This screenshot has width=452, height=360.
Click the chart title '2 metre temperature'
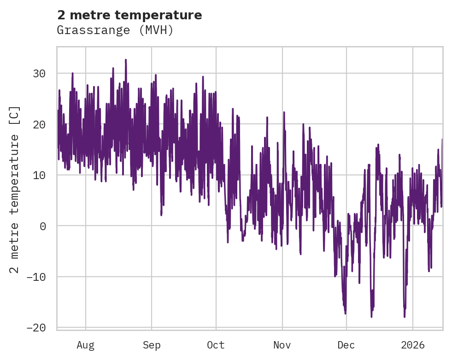pos(129,15)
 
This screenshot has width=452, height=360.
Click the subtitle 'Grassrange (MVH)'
pos(115,30)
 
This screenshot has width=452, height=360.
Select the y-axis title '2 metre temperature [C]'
pos(15,189)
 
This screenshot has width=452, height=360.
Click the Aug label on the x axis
pos(86,345)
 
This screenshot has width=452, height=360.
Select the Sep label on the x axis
pos(152,345)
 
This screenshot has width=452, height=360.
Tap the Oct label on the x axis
pos(216,345)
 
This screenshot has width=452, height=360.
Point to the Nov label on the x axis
pos(282,345)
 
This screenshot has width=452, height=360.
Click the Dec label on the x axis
pos(346,345)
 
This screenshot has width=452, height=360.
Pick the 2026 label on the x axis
pos(413,345)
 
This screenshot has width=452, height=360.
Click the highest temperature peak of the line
pos(125,60)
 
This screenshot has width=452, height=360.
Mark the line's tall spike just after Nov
pos(284,112)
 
